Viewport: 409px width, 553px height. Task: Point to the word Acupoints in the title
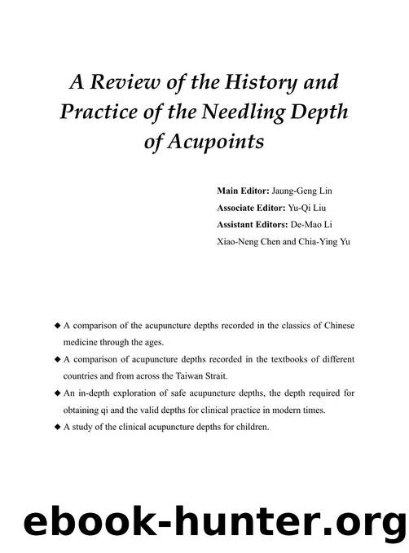(216, 142)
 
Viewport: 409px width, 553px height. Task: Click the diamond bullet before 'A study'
(56, 427)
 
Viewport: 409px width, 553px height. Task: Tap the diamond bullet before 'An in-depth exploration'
(56, 393)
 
